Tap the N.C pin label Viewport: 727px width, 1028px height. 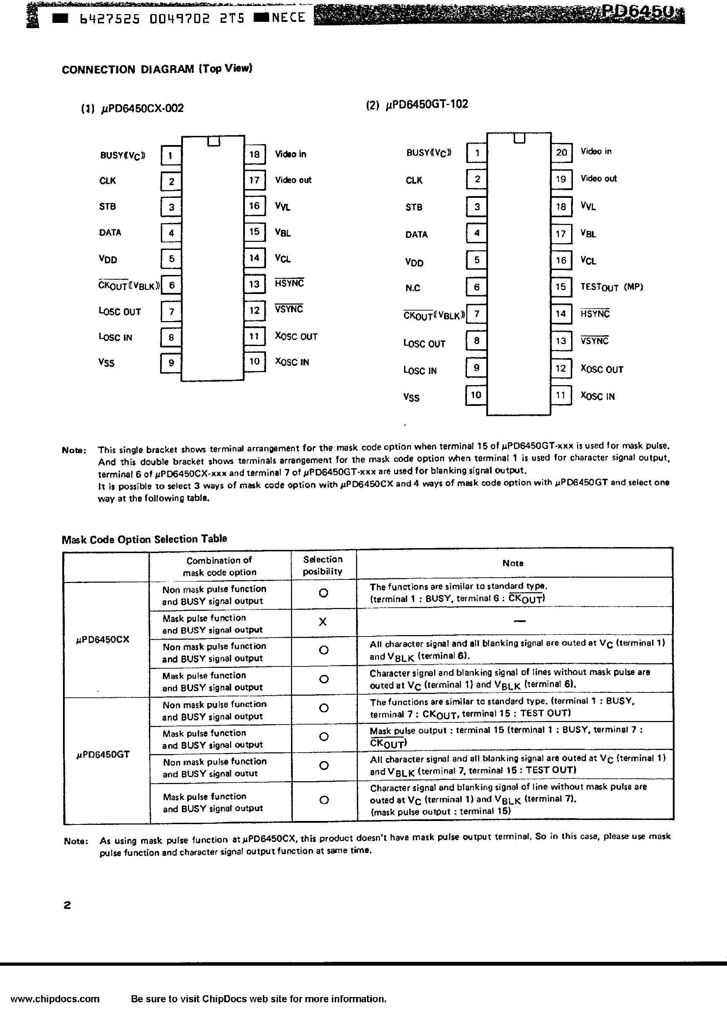point(413,288)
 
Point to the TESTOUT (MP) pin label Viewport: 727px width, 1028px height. point(612,287)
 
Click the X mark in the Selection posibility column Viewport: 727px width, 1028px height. point(323,621)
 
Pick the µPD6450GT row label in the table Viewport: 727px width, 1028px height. point(103,754)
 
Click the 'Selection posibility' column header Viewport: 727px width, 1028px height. point(323,565)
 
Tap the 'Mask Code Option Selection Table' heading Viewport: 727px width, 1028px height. point(144,539)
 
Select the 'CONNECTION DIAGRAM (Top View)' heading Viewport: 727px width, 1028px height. point(157,69)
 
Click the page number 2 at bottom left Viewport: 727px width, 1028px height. point(67,905)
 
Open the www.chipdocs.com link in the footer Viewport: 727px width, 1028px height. point(55,999)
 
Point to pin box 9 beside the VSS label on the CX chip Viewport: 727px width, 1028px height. point(171,363)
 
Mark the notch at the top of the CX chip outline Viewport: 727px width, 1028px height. point(214,141)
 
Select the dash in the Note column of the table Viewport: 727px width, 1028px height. point(519,621)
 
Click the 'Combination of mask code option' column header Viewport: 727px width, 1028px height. point(219,566)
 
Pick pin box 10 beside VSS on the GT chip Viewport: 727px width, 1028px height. point(476,395)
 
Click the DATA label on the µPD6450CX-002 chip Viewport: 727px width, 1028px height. point(110,232)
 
